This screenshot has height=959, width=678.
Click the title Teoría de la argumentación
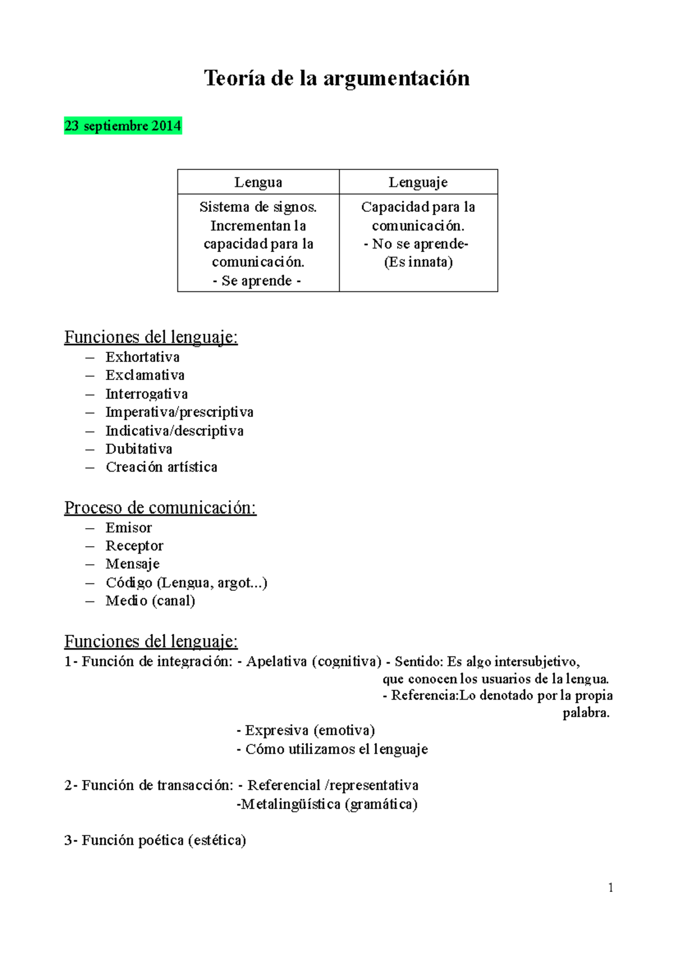click(x=337, y=78)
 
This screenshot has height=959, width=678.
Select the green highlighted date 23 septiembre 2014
click(x=123, y=125)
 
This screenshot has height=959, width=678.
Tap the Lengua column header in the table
click(x=258, y=182)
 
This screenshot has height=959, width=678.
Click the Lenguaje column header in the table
click(x=418, y=182)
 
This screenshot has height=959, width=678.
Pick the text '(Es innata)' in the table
click(x=418, y=262)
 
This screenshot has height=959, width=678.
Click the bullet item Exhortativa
click(x=142, y=357)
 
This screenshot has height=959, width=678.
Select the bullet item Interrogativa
click(x=146, y=394)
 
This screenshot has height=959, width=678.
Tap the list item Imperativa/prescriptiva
click(x=179, y=412)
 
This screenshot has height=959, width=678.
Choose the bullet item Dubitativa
click(x=139, y=449)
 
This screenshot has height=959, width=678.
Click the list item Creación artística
click(x=161, y=467)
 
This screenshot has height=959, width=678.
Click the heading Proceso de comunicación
click(x=160, y=508)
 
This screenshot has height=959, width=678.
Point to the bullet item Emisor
click(x=129, y=528)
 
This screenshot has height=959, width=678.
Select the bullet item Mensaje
click(x=132, y=564)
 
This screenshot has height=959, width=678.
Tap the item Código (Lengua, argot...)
click(x=186, y=582)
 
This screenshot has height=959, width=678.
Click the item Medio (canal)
click(x=150, y=601)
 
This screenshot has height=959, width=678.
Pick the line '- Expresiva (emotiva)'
click(x=305, y=730)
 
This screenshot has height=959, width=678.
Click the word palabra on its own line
click(x=586, y=713)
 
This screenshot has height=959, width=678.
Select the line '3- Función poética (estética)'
click(x=155, y=840)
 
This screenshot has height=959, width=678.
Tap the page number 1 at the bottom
click(x=610, y=888)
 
